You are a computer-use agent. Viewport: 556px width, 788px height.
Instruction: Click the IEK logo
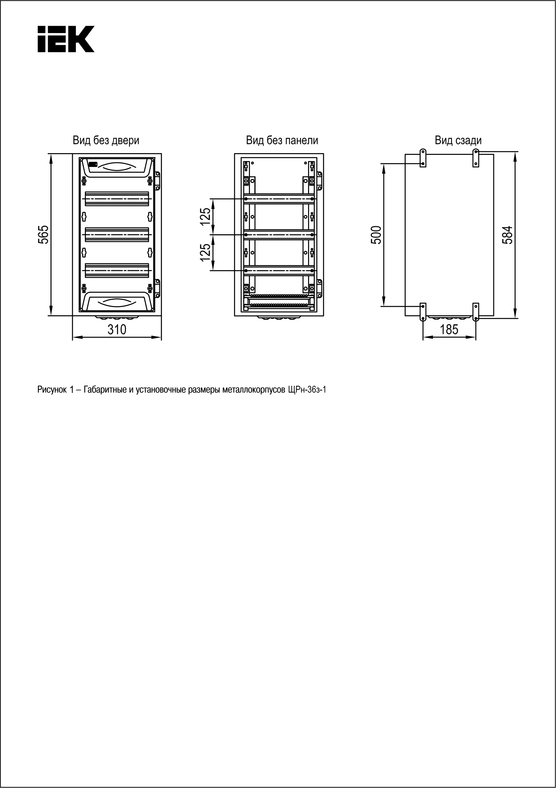[x=66, y=39]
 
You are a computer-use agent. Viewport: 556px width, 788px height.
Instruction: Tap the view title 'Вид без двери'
[x=106, y=140]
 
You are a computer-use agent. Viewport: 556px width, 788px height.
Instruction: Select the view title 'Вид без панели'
[x=282, y=140]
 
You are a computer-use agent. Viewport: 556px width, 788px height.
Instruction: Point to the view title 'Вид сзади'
[x=458, y=140]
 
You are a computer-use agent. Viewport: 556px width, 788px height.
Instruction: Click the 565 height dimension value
[x=43, y=234]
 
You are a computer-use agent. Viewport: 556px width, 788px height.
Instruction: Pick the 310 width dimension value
[x=117, y=330]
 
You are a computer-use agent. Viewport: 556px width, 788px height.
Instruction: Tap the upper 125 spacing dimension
[x=206, y=216]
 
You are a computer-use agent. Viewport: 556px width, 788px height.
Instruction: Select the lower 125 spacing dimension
[x=206, y=252]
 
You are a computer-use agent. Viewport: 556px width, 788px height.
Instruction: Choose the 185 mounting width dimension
[x=449, y=330]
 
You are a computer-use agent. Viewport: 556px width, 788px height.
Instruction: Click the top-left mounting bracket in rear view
[x=423, y=158]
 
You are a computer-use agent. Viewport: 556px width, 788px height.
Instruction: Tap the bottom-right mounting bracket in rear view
[x=476, y=312]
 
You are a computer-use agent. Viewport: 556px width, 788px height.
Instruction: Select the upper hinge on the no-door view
[x=158, y=181]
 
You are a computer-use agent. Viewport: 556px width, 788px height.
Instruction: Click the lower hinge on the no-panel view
[x=319, y=288]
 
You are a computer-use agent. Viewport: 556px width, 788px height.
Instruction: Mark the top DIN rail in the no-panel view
[x=279, y=199]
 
